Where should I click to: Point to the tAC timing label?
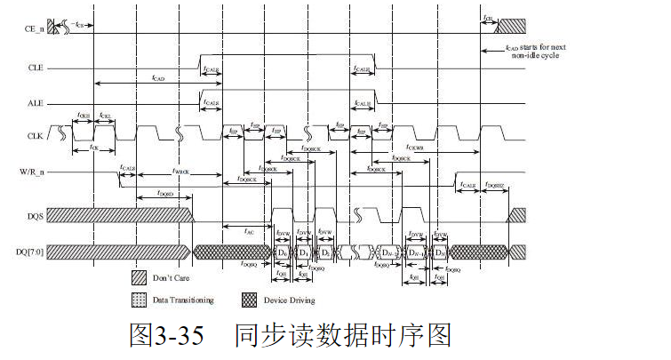pos(249,230)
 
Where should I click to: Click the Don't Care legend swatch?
pos(139,277)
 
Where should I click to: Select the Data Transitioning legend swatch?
pos(139,299)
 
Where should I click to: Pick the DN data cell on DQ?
pos(439,252)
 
